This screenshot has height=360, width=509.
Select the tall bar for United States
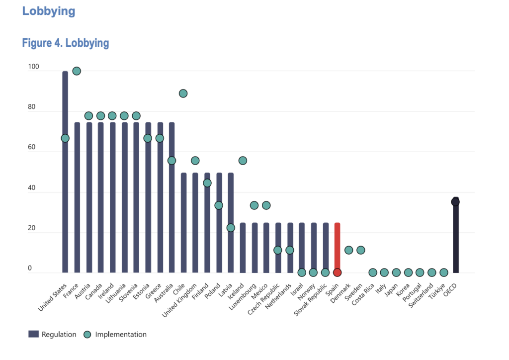tap(65, 172)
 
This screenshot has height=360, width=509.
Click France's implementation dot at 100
tap(77, 71)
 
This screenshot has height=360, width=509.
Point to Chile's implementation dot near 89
tap(183, 93)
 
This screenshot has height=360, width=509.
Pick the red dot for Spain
tap(338, 272)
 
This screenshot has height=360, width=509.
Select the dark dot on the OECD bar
tap(455, 202)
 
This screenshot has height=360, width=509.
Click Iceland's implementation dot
tap(243, 161)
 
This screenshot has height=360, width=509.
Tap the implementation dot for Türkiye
tap(444, 272)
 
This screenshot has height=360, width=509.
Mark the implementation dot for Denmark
tap(348, 250)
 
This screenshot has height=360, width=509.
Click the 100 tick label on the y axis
tap(33, 67)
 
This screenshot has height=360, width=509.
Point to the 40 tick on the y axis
tap(31, 187)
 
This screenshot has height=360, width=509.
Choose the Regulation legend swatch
tap(33, 334)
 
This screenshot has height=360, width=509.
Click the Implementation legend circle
tap(87, 334)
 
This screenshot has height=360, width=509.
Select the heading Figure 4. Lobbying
tap(66, 43)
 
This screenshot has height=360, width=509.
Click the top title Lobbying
tap(49, 11)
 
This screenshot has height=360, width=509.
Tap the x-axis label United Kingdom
tap(179, 300)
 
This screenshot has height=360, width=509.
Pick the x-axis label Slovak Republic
tap(310, 300)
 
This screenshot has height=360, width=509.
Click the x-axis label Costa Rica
tap(363, 294)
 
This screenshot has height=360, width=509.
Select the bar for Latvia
tap(231, 223)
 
